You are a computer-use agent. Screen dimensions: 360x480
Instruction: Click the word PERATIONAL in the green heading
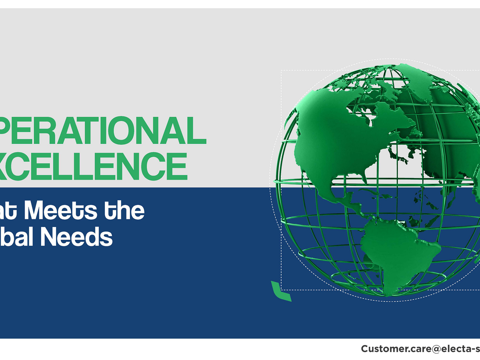(x=102, y=131)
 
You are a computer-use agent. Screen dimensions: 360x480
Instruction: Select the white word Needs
(x=76, y=237)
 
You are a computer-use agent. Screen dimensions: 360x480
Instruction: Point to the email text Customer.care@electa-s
(x=420, y=349)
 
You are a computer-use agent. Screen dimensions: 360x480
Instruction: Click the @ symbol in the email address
(x=433, y=349)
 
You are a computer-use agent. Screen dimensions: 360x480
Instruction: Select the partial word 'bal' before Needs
(x=16, y=237)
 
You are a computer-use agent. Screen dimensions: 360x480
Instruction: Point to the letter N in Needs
(x=49, y=237)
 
